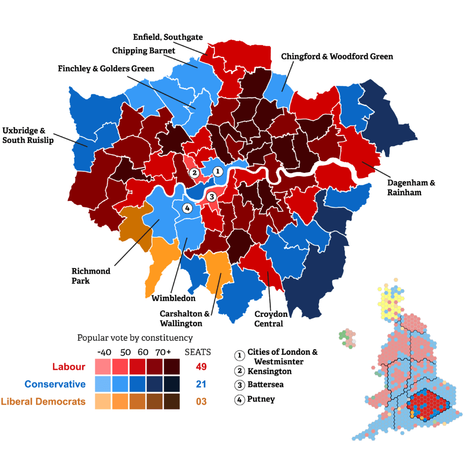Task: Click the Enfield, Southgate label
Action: (167, 37)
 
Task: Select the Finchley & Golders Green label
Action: (106, 69)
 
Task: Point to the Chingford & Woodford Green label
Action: (337, 57)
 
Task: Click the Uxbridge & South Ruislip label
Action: (28, 135)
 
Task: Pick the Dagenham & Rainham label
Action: (412, 188)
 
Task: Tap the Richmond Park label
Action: (91, 276)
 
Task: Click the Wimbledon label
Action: (173, 298)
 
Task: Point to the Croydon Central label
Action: (271, 319)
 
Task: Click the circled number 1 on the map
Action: (218, 172)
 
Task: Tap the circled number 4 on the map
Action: (187, 208)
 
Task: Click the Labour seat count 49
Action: (201, 367)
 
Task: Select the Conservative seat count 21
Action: (201, 384)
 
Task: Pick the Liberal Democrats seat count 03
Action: (201, 402)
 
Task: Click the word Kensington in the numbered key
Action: (269, 371)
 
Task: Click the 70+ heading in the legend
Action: (163, 352)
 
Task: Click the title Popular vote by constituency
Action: (135, 338)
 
